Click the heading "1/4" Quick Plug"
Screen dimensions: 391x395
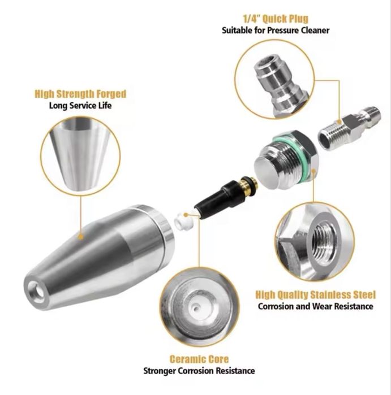(276, 19)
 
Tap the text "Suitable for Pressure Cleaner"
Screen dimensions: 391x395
(276, 31)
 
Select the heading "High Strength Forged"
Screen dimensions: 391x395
(80, 94)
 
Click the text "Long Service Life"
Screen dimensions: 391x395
(80, 105)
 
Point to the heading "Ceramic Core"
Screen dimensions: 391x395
(199, 359)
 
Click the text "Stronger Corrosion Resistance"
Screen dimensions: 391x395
(199, 371)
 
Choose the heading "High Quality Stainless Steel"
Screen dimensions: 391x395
(316, 294)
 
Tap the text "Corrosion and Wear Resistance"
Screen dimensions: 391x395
(316, 306)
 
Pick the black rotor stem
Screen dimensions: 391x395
(221, 199)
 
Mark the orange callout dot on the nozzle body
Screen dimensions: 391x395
(81, 237)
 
